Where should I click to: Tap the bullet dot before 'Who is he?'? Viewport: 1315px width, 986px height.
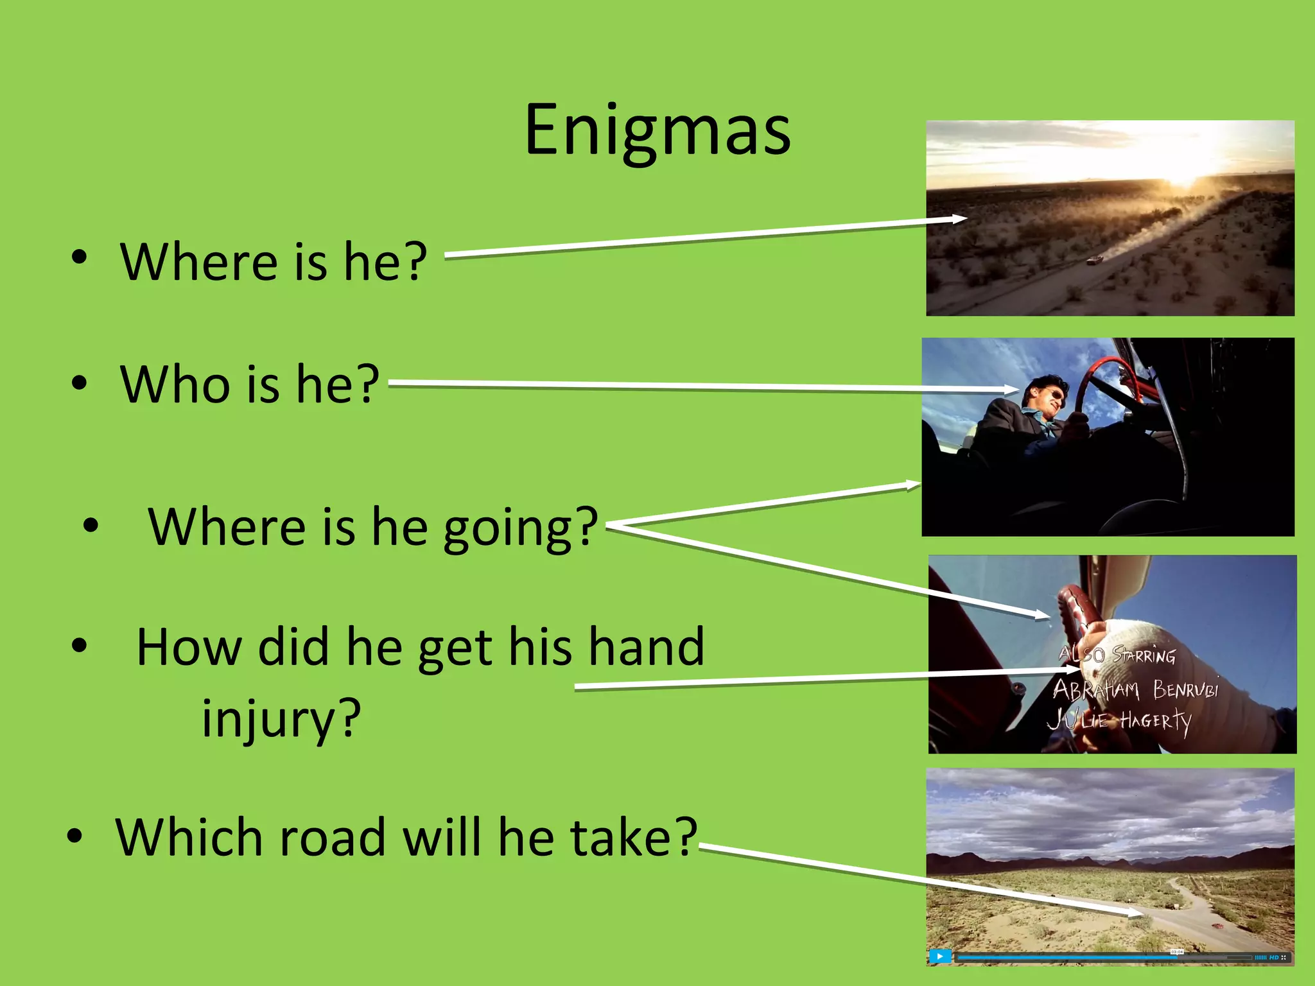pyautogui.click(x=79, y=383)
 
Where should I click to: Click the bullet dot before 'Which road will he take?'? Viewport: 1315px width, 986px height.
pyautogui.click(x=75, y=836)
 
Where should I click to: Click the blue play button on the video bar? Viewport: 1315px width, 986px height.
pyautogui.click(x=940, y=956)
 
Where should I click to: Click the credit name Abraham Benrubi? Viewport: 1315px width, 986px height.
pyautogui.click(x=1135, y=689)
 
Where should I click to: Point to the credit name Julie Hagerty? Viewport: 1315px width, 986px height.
pyautogui.click(x=1120, y=720)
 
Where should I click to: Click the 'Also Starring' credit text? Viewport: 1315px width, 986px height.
pyautogui.click(x=1117, y=655)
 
